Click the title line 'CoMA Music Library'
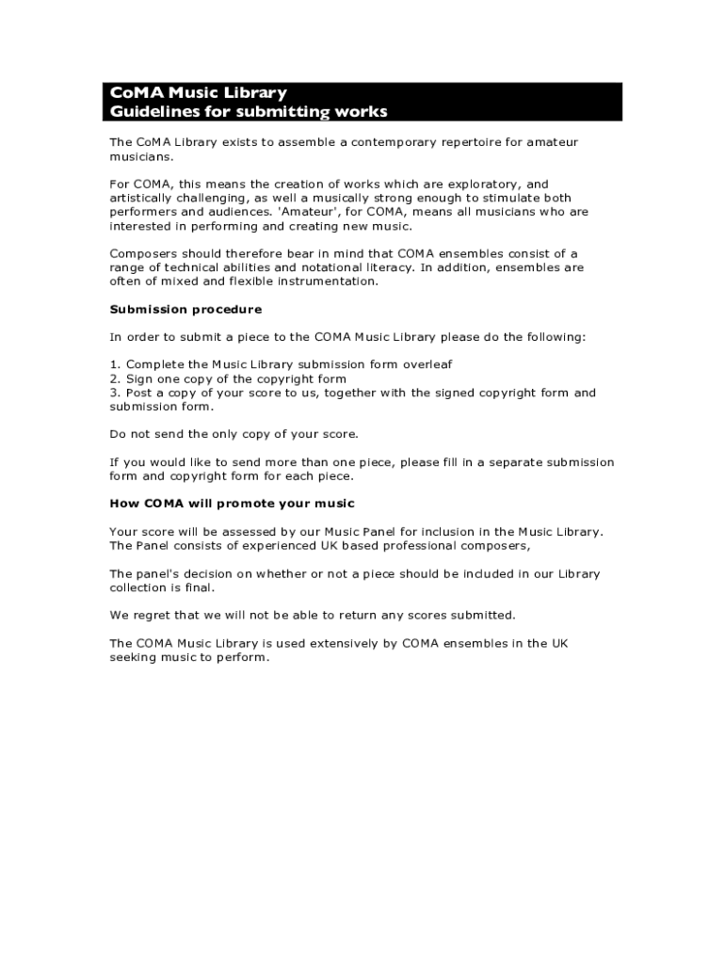click(198, 93)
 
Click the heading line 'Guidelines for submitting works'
click(249, 112)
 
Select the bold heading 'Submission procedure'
click(185, 309)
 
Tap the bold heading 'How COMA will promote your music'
click(233, 504)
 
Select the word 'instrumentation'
click(325, 281)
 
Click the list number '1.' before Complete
click(115, 364)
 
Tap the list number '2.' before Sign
click(115, 378)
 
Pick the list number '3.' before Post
click(115, 393)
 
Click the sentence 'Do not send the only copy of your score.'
click(234, 434)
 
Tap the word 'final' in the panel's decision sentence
click(199, 587)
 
